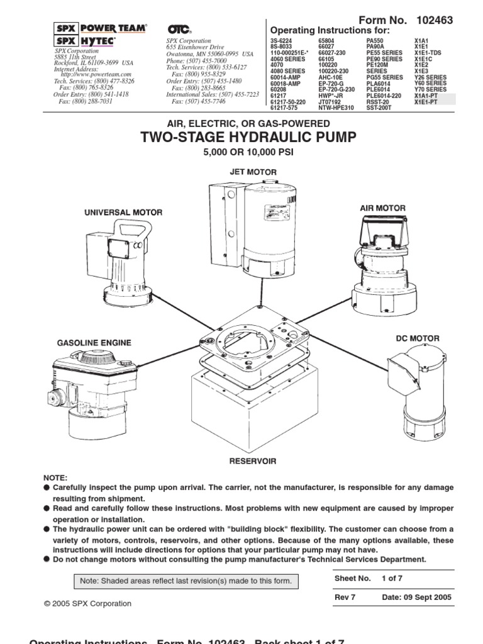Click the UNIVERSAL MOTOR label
(x=123, y=213)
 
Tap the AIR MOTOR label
(x=382, y=208)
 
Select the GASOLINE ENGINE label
(x=94, y=343)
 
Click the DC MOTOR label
(x=417, y=338)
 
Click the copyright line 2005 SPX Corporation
(x=88, y=604)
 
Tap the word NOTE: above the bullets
(x=55, y=478)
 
